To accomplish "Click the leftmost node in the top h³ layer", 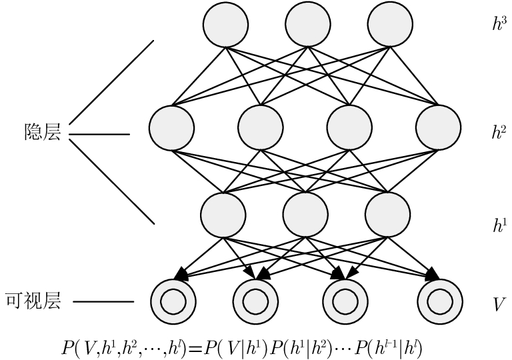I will coord(225,25).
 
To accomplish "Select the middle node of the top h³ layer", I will coord(307,25).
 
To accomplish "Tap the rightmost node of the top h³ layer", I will coord(389,25).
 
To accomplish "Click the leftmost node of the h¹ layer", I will coord(223,213).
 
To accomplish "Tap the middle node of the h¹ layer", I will coord(305,213).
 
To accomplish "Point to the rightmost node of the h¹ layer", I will coord(387,213).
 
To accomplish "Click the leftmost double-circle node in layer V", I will coord(173,301).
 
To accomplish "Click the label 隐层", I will coord(42,133).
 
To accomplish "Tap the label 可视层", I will coord(33,301).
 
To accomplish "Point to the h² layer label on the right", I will coord(499,131).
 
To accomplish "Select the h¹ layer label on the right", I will coord(499,225).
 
